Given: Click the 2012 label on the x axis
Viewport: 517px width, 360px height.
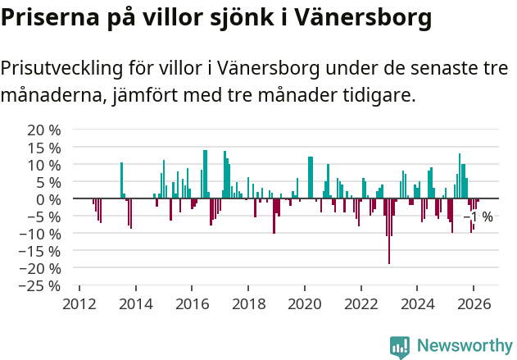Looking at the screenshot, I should point(79,303).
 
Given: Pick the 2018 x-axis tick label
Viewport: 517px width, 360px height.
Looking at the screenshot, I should point(247,303).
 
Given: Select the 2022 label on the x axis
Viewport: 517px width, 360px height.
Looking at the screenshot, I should point(361,303).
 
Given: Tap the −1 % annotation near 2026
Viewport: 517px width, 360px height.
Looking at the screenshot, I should point(479,217).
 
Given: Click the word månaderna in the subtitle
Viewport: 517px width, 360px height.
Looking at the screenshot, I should point(52,96).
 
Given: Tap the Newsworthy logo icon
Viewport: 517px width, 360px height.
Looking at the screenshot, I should point(400,346).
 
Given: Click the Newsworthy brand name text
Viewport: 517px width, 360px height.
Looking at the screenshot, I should point(465,346).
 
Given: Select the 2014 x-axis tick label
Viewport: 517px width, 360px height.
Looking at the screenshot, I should point(135,303).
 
